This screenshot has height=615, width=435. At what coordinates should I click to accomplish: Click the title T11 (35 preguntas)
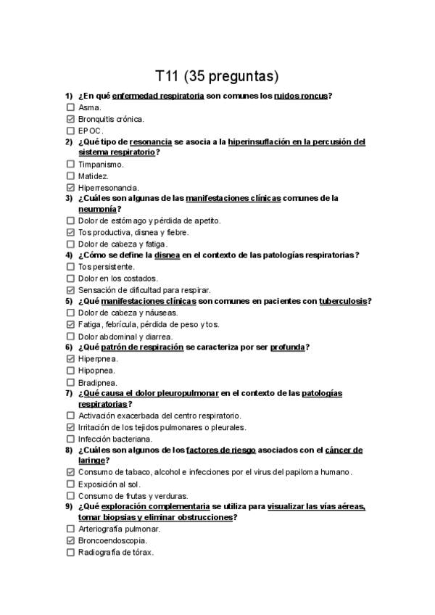(217, 76)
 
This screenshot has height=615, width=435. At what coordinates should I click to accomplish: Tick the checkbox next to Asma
(70, 107)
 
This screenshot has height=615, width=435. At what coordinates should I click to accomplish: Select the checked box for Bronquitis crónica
(70, 119)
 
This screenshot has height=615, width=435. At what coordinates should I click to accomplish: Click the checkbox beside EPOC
(70, 131)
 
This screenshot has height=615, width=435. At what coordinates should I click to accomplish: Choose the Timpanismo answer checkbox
(70, 165)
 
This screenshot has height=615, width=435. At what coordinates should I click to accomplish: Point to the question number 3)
(69, 198)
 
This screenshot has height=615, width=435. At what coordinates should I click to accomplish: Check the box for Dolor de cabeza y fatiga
(70, 244)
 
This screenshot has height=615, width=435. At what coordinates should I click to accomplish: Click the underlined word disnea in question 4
(167, 255)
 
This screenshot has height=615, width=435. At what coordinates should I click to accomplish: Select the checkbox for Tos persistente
(70, 267)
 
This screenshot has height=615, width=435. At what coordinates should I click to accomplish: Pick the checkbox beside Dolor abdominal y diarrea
(70, 336)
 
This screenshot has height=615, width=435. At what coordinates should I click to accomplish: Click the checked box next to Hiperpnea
(70, 358)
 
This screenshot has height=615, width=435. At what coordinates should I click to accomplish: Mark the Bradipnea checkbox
(70, 381)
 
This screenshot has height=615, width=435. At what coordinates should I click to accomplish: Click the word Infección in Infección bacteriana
(95, 439)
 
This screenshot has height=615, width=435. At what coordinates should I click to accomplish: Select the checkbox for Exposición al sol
(70, 484)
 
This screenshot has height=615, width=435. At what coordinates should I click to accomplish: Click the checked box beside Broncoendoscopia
(70, 540)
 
